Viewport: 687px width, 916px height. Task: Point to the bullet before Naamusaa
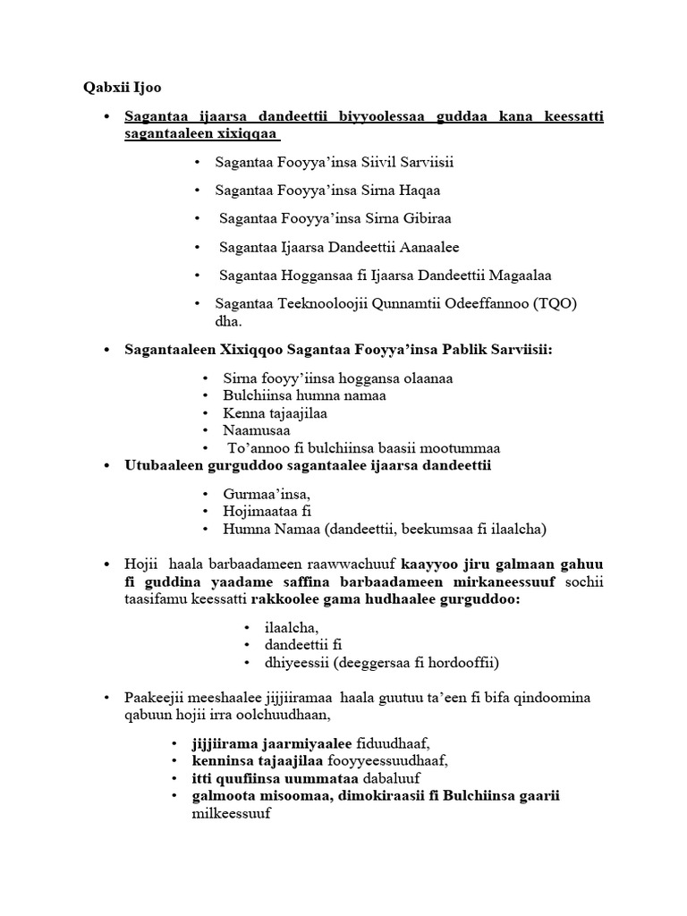pyautogui.click(x=206, y=430)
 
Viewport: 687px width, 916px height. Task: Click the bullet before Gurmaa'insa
pyautogui.click(x=206, y=494)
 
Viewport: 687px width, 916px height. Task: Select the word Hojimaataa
pyautogui.click(x=259, y=512)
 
